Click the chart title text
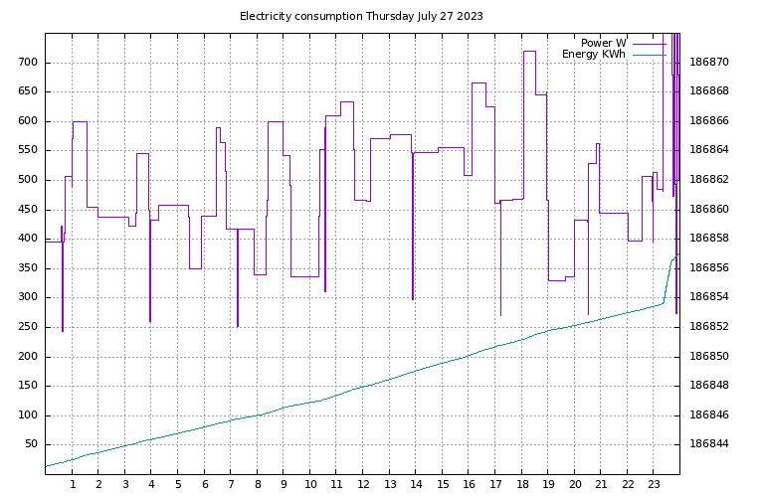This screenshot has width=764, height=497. click(361, 16)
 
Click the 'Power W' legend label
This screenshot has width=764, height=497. click(603, 43)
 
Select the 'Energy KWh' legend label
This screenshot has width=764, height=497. click(594, 55)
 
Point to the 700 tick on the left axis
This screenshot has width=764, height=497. click(26, 62)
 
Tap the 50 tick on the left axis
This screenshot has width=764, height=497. click(30, 444)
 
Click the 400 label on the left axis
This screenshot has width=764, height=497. click(26, 239)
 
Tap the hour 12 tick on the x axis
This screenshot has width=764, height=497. click(363, 484)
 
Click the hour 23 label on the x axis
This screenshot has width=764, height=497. click(654, 484)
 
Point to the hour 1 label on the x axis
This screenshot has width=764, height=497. click(73, 484)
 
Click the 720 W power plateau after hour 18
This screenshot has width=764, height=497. click(529, 51)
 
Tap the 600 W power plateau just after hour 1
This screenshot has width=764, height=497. click(80, 121)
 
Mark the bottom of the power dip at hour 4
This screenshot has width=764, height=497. click(150, 321)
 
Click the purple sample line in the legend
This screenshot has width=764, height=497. click(648, 44)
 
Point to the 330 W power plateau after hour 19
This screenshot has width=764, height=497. click(556, 280)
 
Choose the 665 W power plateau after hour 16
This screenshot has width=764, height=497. click(478, 83)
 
